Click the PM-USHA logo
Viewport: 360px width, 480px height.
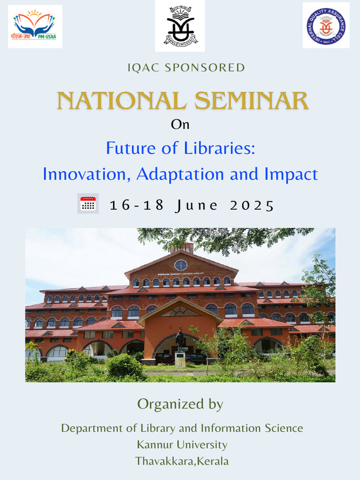(x=35, y=26)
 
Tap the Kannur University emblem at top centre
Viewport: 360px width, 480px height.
(x=180, y=26)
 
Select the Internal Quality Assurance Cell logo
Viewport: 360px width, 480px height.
(x=326, y=25)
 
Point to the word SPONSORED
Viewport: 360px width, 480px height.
(x=202, y=67)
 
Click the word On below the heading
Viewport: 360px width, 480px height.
(x=180, y=125)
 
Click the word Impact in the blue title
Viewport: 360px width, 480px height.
(x=291, y=174)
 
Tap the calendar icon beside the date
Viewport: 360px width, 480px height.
(x=88, y=204)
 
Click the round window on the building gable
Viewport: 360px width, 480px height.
(x=180, y=265)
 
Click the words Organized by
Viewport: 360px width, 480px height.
(x=180, y=404)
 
